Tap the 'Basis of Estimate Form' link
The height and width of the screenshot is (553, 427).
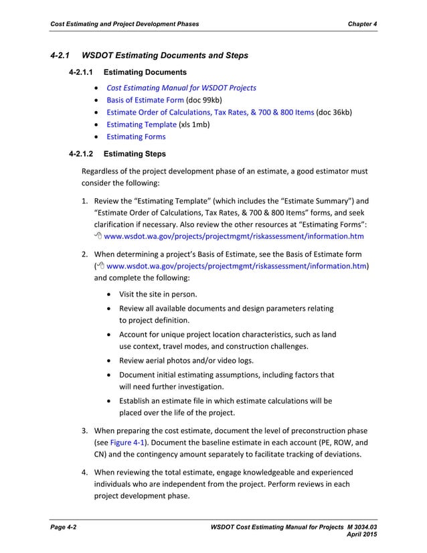pyautogui.click(x=145, y=100)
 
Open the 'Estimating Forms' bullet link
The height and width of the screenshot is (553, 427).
pyautogui.click(x=136, y=137)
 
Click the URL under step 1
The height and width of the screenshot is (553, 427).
pyautogui.click(x=234, y=236)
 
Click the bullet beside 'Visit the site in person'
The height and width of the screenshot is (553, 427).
pyautogui.click(x=109, y=295)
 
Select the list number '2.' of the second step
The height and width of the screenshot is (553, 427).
pyautogui.click(x=86, y=254)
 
